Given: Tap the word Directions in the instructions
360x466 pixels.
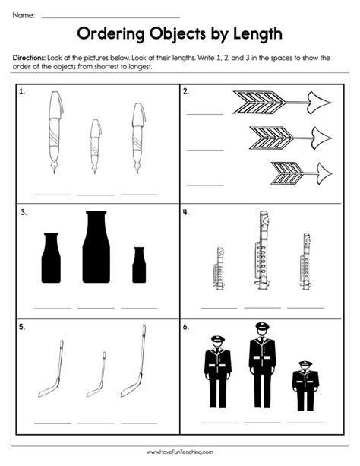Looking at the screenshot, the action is [x=29, y=58].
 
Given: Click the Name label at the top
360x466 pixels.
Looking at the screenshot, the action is [x=24, y=15].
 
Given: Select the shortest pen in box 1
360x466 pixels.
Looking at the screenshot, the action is [x=96, y=146].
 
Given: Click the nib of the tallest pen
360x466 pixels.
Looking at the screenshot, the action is [x=55, y=167].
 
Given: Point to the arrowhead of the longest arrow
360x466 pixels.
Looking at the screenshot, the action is [x=319, y=103].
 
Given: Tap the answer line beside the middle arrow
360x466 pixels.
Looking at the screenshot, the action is [x=205, y=150].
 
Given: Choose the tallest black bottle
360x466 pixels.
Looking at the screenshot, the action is [x=96, y=246].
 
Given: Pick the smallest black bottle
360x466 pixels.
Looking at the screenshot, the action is [x=139, y=265].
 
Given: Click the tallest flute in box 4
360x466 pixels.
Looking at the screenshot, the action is [x=263, y=250].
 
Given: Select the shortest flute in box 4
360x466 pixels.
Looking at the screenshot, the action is [x=219, y=268].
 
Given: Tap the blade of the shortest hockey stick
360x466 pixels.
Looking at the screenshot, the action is [x=94, y=392].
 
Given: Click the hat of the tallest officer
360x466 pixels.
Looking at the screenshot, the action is [x=262, y=326].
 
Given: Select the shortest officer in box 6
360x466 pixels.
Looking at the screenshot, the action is [x=305, y=385].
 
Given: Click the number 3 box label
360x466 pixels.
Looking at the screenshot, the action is [x=24, y=213].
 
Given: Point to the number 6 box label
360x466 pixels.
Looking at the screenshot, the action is [x=185, y=327].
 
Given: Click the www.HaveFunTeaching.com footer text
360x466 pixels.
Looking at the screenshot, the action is [x=180, y=452].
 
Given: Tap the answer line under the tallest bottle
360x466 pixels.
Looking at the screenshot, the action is [x=96, y=308].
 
